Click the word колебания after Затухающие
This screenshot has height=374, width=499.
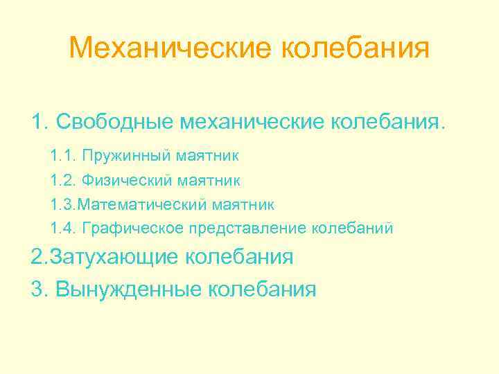(x=239, y=257)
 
